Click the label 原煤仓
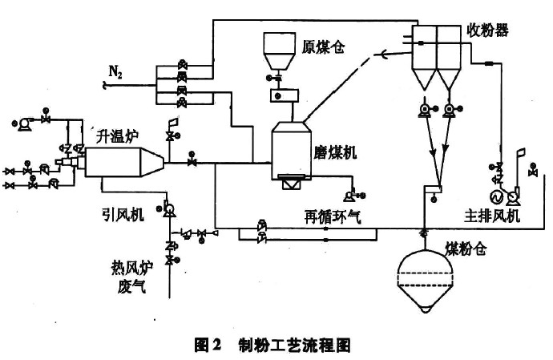pyautogui.click(x=323, y=47)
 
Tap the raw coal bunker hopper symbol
pyautogui.click(x=280, y=51)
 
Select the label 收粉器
pyautogui.click(x=488, y=30)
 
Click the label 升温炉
pyautogui.click(x=118, y=136)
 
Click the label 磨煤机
pyautogui.click(x=335, y=152)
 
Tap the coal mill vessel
pyautogui.click(x=291, y=151)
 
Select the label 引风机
pyautogui.click(x=123, y=214)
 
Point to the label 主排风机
pyautogui.click(x=492, y=215)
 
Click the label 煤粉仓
pyautogui.click(x=466, y=249)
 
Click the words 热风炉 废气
pyautogui.click(x=132, y=277)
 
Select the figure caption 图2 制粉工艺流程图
pyautogui.click(x=272, y=345)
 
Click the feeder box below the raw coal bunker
pyautogui.click(x=285, y=95)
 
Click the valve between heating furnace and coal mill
pyautogui.click(x=192, y=162)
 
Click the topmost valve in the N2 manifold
pyautogui.click(x=182, y=65)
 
